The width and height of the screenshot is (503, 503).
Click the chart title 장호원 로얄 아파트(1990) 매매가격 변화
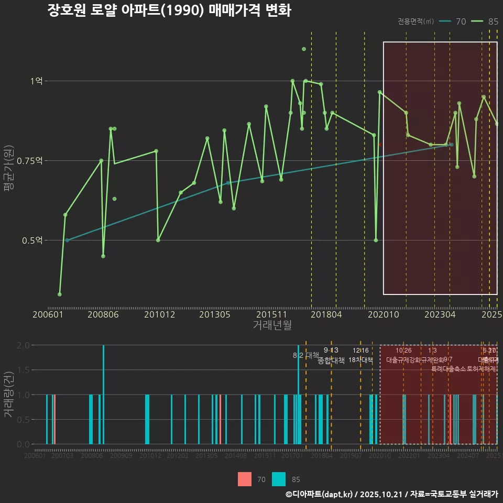pyautogui.click(x=169, y=11)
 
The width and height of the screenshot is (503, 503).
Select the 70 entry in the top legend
pyautogui.click(x=461, y=21)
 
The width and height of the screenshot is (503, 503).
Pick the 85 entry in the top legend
pyautogui.click(x=493, y=21)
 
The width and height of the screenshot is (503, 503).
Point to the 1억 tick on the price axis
pyautogui.click(x=36, y=81)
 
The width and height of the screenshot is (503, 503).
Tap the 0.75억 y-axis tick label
pyautogui.click(x=31, y=161)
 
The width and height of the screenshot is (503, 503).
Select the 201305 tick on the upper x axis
pyautogui.click(x=213, y=314)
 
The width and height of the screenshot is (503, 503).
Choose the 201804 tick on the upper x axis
pyautogui.click(x=326, y=314)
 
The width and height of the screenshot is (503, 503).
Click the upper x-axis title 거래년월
pyautogui.click(x=272, y=325)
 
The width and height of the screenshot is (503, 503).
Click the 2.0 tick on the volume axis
pyautogui.click(x=23, y=345)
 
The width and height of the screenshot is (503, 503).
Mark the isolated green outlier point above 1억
pyautogui.click(x=304, y=49)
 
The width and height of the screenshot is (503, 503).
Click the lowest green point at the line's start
pyautogui.click(x=60, y=294)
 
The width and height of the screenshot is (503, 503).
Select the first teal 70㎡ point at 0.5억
pyautogui.click(x=67, y=240)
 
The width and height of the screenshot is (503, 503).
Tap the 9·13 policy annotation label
pyautogui.click(x=331, y=351)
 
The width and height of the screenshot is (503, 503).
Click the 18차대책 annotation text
pyautogui.click(x=360, y=360)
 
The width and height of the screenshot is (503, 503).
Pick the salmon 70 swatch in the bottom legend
pyautogui.click(x=245, y=479)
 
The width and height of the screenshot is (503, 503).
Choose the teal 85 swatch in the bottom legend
pyautogui.click(x=279, y=479)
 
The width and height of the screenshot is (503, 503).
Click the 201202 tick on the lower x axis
pyautogui.click(x=178, y=456)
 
